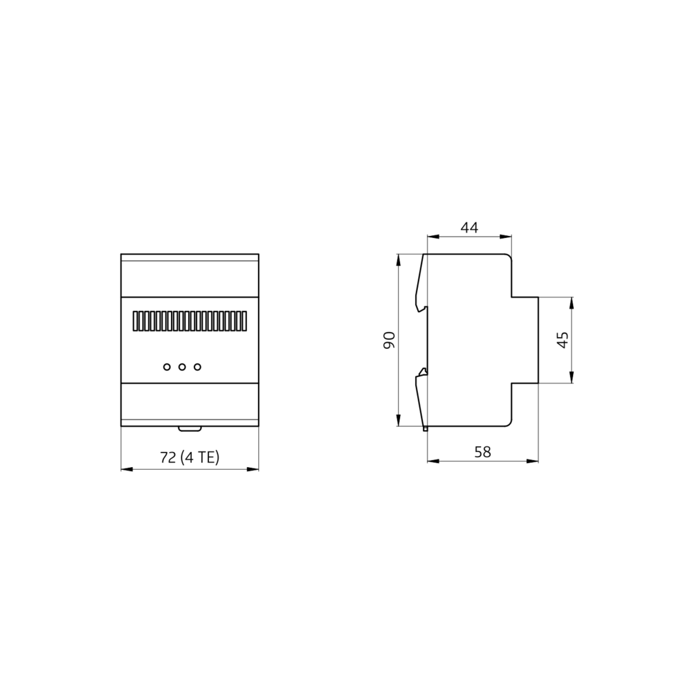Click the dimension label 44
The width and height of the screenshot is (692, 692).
[469, 228]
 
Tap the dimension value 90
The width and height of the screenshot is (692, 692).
[389, 340]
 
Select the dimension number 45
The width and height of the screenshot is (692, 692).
[563, 340]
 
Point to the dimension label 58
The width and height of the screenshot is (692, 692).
[482, 452]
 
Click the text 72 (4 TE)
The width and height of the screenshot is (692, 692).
[190, 457]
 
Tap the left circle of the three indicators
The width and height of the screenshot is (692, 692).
[167, 367]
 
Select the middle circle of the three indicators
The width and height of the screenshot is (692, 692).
[182, 367]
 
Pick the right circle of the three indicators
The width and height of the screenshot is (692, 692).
[197, 367]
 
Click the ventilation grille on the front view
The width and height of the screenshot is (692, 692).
[190, 321]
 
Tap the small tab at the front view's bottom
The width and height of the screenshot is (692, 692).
[190, 428]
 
